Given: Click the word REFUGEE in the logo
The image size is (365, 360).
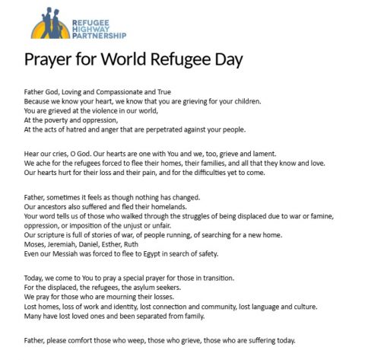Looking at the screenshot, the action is (89, 16).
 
